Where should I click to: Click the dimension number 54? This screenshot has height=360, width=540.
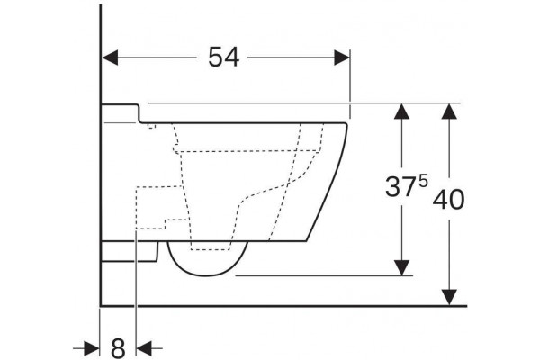(223, 58)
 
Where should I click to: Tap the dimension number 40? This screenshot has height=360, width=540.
(448, 200)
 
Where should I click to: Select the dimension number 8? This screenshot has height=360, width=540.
(118, 348)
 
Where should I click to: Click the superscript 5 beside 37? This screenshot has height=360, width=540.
(423, 181)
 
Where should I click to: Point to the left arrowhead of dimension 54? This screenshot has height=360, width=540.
(110, 58)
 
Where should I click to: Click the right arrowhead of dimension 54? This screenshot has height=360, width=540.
(342, 58)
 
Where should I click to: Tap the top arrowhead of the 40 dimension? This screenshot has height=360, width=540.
(449, 112)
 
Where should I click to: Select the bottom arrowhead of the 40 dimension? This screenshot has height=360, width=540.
(449, 297)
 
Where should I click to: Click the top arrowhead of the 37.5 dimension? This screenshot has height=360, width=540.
(401, 112)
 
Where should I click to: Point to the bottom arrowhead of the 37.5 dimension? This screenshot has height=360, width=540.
(401, 267)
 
